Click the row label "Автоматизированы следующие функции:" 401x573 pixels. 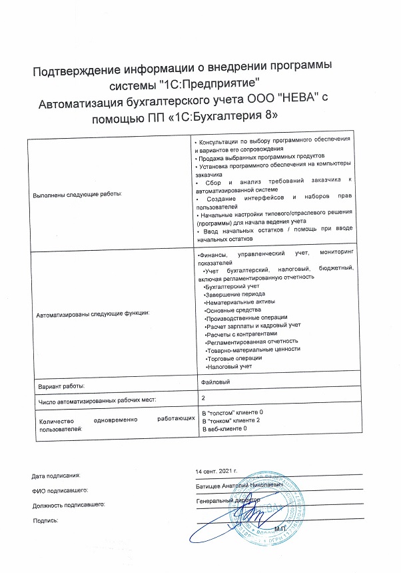coord(91,312)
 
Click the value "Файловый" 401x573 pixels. coord(215,382)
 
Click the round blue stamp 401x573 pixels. coord(266,507)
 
